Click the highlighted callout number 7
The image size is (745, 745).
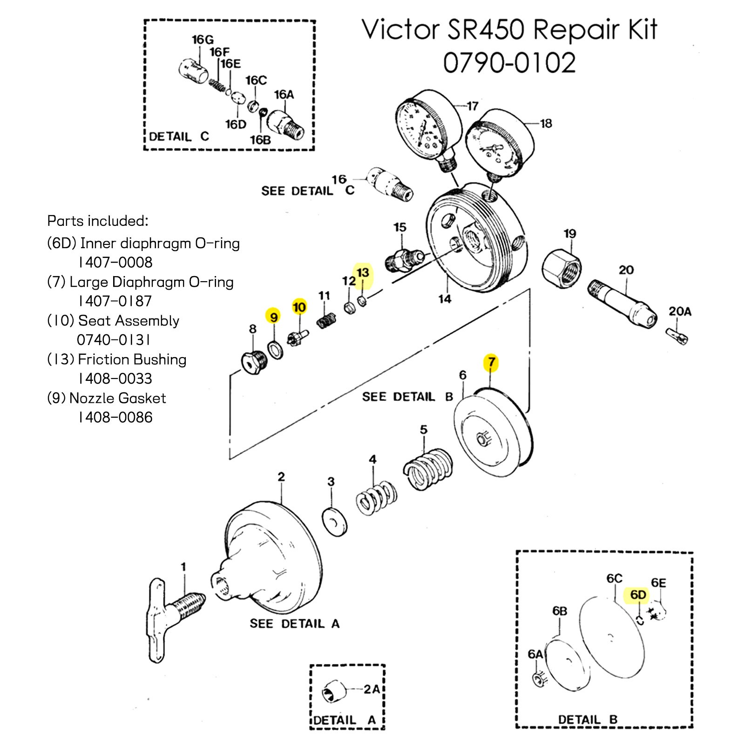[x=491, y=362]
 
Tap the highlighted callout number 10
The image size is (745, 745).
[x=299, y=307]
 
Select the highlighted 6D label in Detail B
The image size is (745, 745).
[x=638, y=595]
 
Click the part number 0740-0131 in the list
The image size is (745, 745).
[x=114, y=340]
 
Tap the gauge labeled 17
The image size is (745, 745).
[x=426, y=128]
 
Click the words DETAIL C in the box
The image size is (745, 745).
[x=179, y=137]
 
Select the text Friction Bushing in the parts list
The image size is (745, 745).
[x=132, y=359]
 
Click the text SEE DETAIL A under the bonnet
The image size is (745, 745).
[x=294, y=624]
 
